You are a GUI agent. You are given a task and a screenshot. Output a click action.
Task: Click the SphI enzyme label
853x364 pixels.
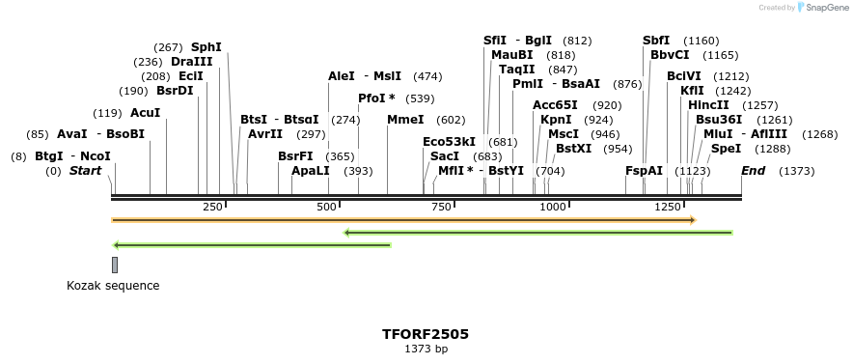[x=206, y=46]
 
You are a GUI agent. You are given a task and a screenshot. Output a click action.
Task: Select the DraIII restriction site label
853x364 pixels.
[x=191, y=61]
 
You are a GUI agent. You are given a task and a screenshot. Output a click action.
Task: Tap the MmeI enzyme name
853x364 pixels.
[x=405, y=120]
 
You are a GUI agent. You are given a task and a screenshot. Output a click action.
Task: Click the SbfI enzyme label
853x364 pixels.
[x=656, y=41]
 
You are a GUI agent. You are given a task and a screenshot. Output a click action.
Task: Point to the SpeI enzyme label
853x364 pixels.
[x=726, y=149]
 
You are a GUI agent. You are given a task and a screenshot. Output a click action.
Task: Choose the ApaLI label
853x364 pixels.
[x=311, y=171]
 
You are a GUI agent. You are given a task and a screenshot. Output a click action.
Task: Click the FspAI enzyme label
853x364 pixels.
[x=645, y=171]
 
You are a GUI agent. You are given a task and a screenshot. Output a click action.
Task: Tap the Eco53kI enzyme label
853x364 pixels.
[x=450, y=142]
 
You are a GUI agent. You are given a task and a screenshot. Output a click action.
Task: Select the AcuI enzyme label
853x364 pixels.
[x=145, y=113]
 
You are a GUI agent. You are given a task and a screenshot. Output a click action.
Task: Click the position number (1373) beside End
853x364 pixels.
[x=796, y=171]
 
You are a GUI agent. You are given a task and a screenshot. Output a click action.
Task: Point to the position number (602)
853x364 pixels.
[x=451, y=120]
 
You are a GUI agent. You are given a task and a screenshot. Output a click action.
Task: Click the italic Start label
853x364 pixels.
[x=85, y=171]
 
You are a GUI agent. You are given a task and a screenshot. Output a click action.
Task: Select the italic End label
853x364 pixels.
[x=754, y=171]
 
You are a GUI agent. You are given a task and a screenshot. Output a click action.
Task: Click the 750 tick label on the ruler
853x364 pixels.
[x=443, y=208]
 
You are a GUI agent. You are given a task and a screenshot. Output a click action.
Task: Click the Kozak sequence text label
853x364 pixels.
[x=113, y=286]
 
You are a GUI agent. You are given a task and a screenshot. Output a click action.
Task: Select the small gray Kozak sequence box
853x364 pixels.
[x=115, y=265]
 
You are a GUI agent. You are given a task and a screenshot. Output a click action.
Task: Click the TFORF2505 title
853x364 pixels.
[x=426, y=334]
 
